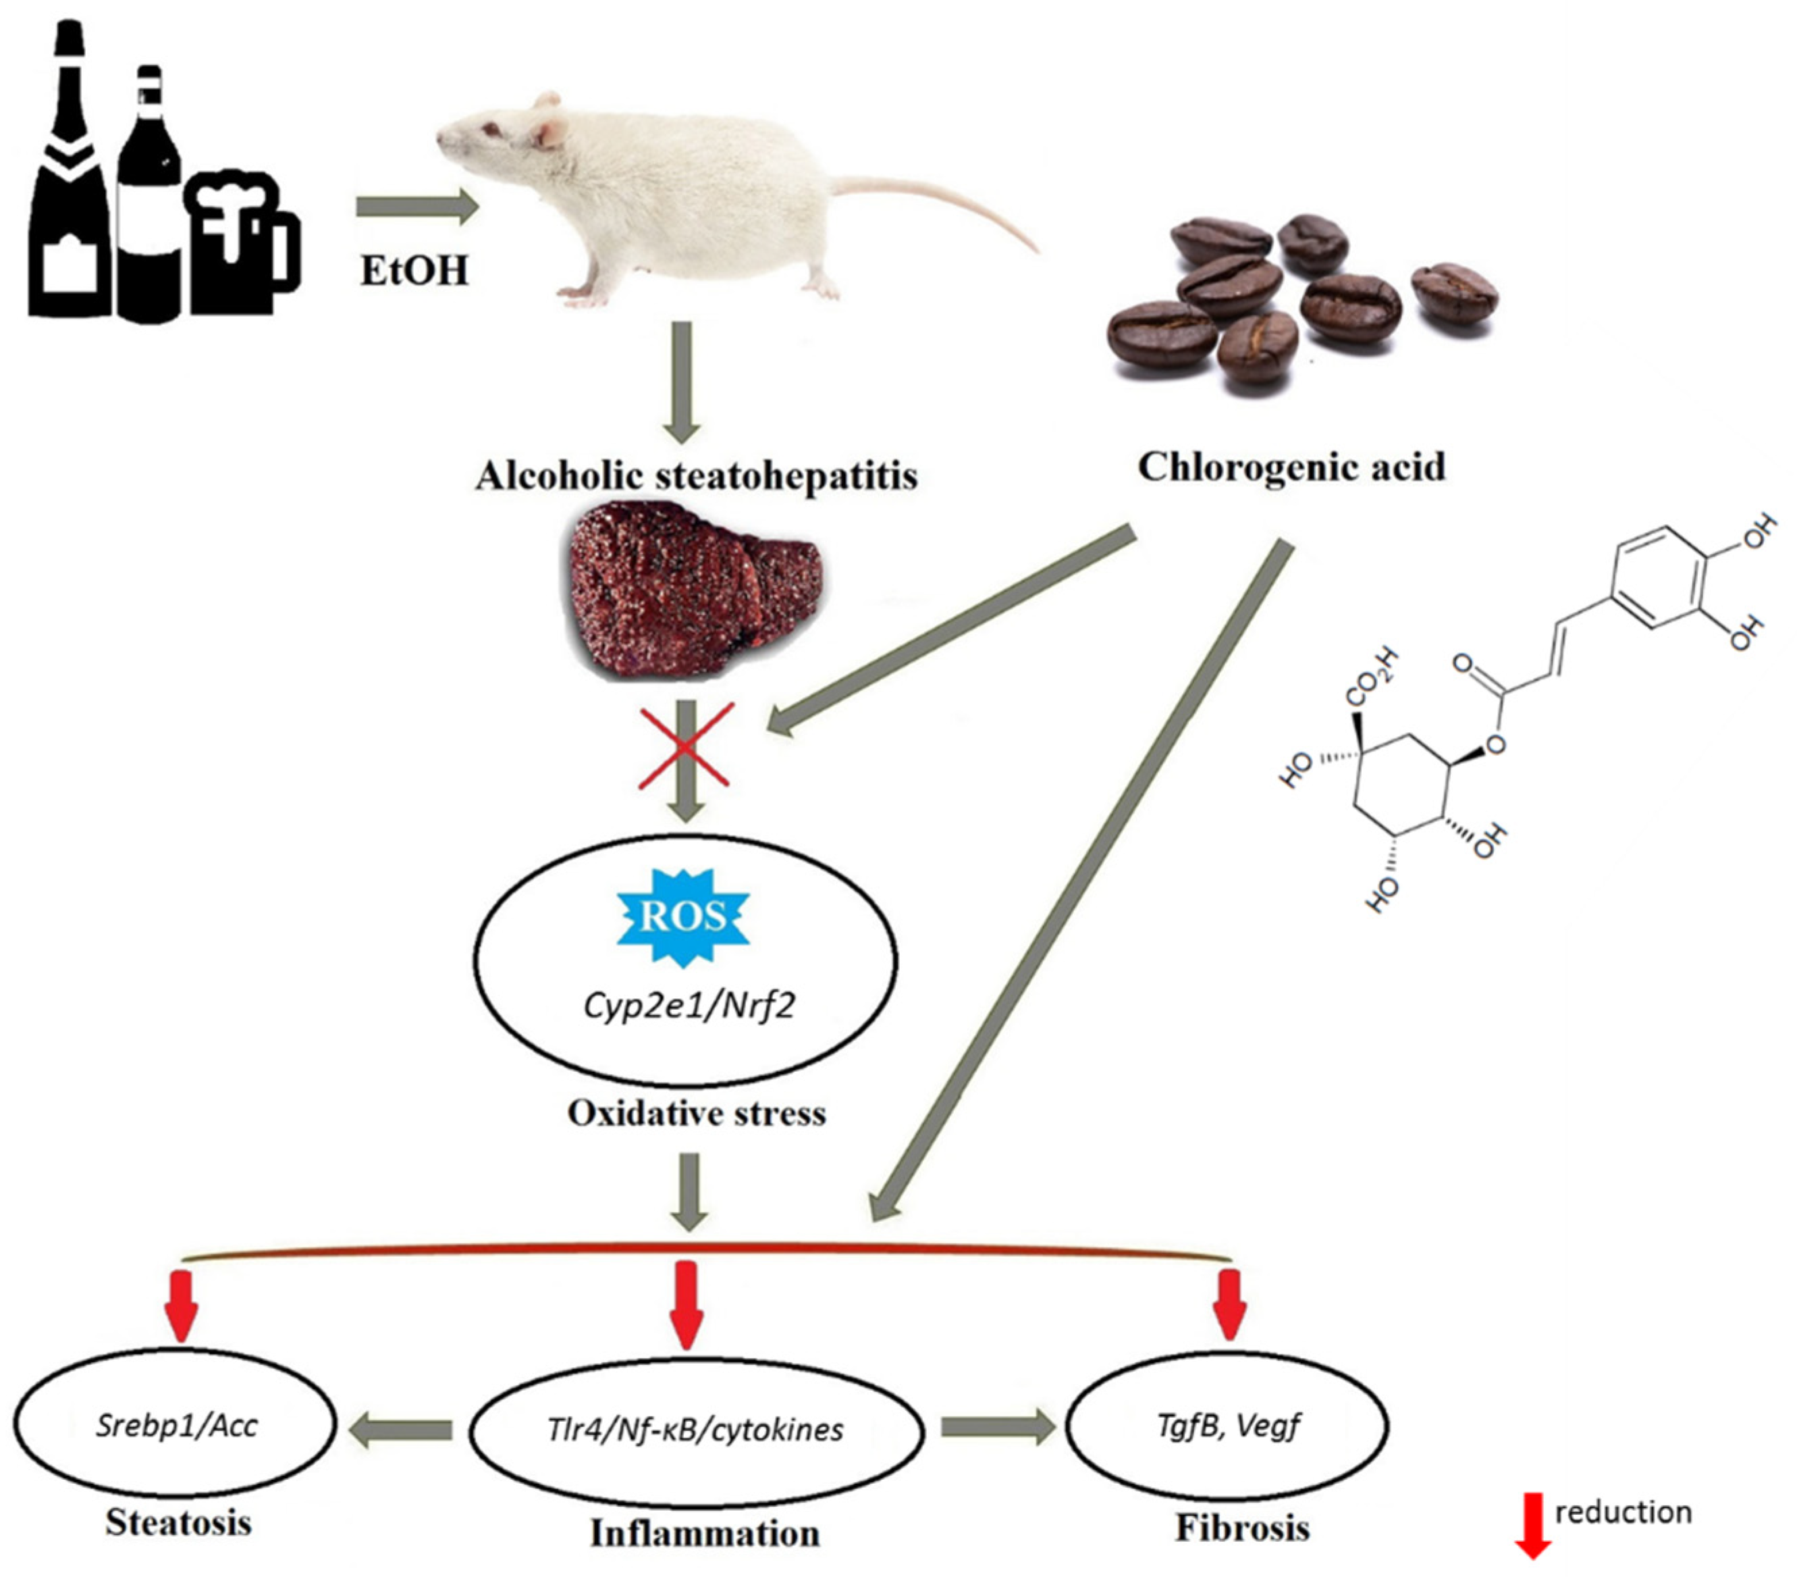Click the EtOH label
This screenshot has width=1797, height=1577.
pos(414,271)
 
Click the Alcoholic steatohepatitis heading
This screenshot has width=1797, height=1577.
pos(696,476)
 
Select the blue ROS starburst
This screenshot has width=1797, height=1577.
pos(683,917)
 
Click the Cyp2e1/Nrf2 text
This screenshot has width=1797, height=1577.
pos(689,1004)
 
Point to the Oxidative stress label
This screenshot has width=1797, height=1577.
pos(696,1114)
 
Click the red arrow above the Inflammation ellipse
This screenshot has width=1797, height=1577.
pos(686,1304)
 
